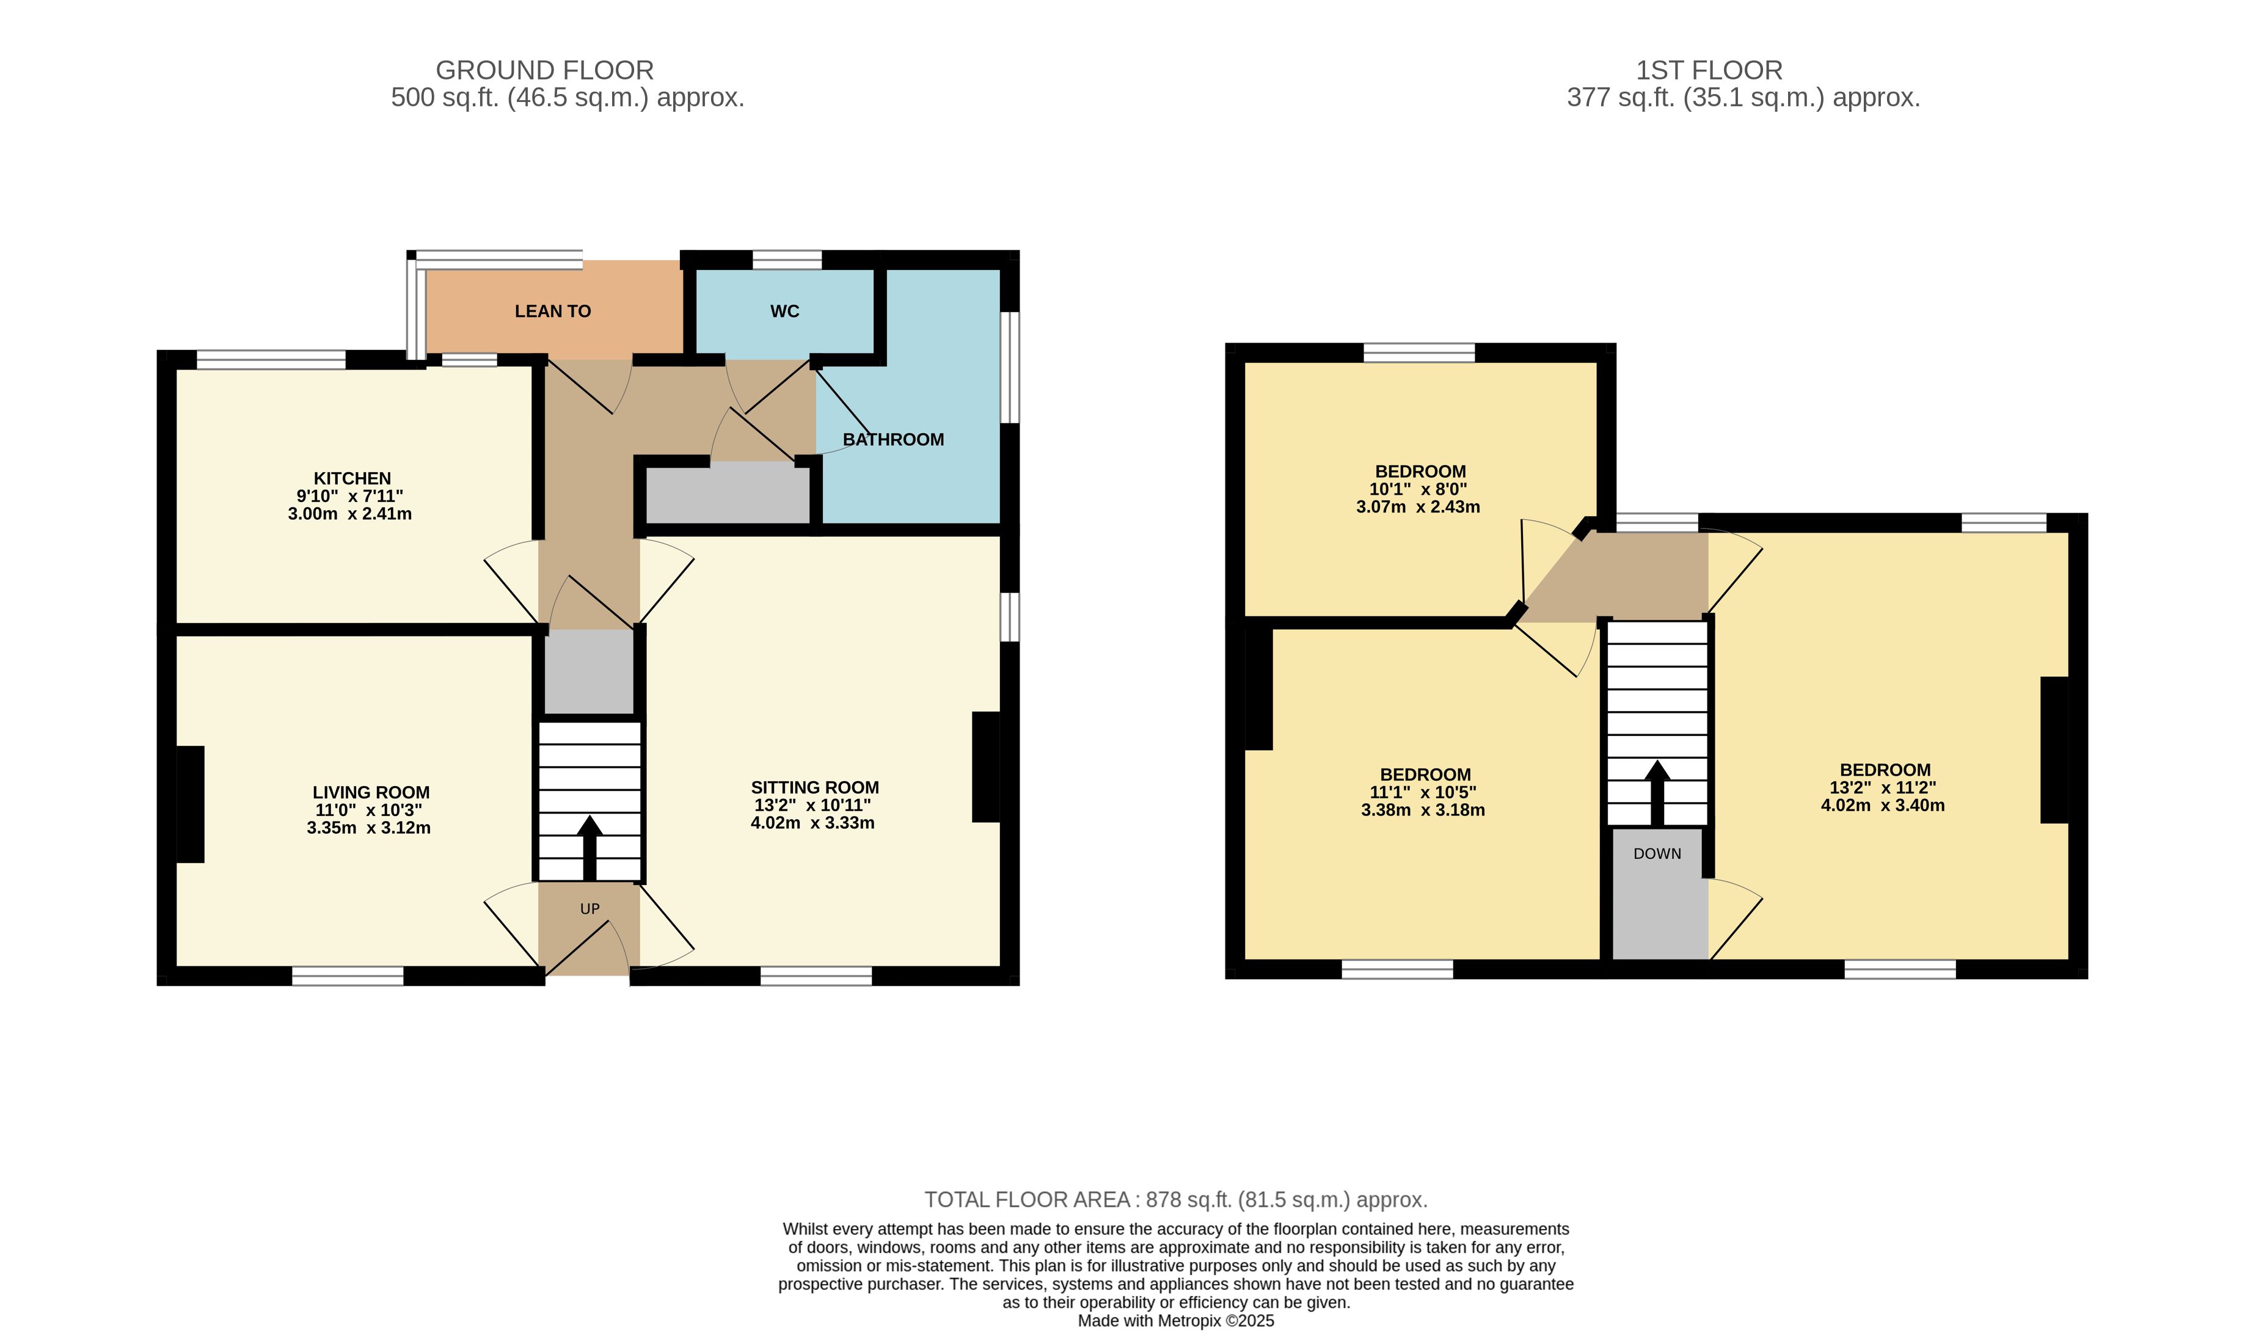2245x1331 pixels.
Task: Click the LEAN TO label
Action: [552, 312]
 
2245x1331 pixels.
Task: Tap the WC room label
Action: [785, 312]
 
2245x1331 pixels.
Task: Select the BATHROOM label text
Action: [893, 439]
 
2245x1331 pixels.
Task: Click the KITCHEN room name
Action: [352, 478]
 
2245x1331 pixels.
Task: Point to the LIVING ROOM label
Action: [371, 792]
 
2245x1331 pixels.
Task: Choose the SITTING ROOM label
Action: [816, 787]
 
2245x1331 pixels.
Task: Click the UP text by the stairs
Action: [590, 908]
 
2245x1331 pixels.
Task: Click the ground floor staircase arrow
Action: [590, 848]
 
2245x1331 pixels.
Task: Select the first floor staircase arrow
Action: [1657, 793]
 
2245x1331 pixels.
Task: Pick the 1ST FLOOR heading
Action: [1709, 70]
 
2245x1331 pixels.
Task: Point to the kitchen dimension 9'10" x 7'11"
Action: [350, 496]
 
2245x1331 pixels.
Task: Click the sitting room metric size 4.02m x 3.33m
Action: [812, 822]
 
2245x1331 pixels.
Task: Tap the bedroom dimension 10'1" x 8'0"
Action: [1418, 489]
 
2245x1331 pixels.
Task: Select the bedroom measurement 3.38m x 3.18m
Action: [1423, 810]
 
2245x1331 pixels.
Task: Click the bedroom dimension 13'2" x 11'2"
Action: [1883, 787]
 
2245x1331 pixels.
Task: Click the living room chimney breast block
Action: [190, 804]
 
